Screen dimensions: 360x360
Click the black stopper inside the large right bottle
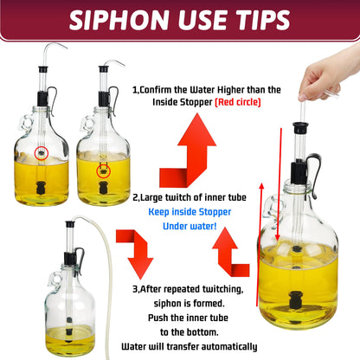click(300, 301)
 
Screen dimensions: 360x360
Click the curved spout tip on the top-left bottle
click(64, 47)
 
